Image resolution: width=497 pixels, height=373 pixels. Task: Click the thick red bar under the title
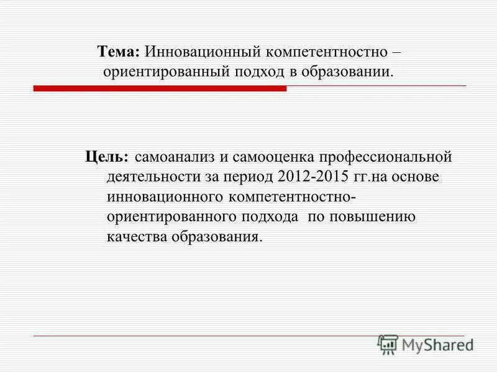[x=160, y=88]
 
